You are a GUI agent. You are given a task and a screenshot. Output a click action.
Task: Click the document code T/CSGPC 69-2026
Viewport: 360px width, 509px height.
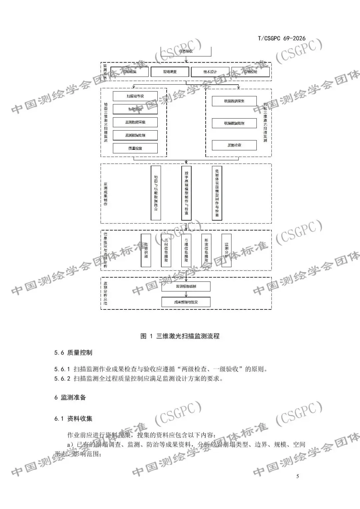[281, 38]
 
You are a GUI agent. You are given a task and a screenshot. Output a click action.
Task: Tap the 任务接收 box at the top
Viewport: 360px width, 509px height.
[186, 51]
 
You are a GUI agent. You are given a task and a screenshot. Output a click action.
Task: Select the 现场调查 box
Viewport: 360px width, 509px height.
[170, 72]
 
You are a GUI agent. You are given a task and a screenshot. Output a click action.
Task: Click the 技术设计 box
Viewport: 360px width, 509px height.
[210, 72]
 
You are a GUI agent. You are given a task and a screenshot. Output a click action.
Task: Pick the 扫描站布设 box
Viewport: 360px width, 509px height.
[135, 96]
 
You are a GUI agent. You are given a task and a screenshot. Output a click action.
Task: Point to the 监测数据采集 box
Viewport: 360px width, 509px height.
[135, 122]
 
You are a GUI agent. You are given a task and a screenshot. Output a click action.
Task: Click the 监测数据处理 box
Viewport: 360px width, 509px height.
[135, 135]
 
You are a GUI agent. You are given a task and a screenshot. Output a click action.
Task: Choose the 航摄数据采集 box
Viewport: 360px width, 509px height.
[234, 101]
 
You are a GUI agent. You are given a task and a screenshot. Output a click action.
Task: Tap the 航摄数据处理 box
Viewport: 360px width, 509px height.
[234, 123]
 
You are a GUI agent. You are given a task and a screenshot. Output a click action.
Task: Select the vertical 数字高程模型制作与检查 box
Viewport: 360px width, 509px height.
[186, 193]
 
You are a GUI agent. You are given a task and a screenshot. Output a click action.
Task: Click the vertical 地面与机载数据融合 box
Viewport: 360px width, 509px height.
[156, 193]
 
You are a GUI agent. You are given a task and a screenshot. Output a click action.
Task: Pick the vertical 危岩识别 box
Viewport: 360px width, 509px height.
[146, 250]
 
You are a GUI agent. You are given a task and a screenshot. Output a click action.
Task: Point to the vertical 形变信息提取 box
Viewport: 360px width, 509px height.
[206, 250]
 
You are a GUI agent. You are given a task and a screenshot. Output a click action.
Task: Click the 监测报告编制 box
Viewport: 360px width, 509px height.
[186, 286]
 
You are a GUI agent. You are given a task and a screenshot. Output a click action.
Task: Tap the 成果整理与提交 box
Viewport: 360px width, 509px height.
[186, 302]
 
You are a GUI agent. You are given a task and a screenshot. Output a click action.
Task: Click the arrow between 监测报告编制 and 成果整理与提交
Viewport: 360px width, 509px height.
[186, 294]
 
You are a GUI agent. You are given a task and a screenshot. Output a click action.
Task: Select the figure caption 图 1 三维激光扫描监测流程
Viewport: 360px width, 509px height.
[180, 336]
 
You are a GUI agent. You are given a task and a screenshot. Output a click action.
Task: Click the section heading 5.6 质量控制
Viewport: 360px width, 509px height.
[73, 352]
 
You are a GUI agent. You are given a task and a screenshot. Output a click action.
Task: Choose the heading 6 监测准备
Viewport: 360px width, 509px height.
[70, 397]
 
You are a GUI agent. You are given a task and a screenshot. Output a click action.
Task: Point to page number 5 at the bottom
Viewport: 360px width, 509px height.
[298, 476]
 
